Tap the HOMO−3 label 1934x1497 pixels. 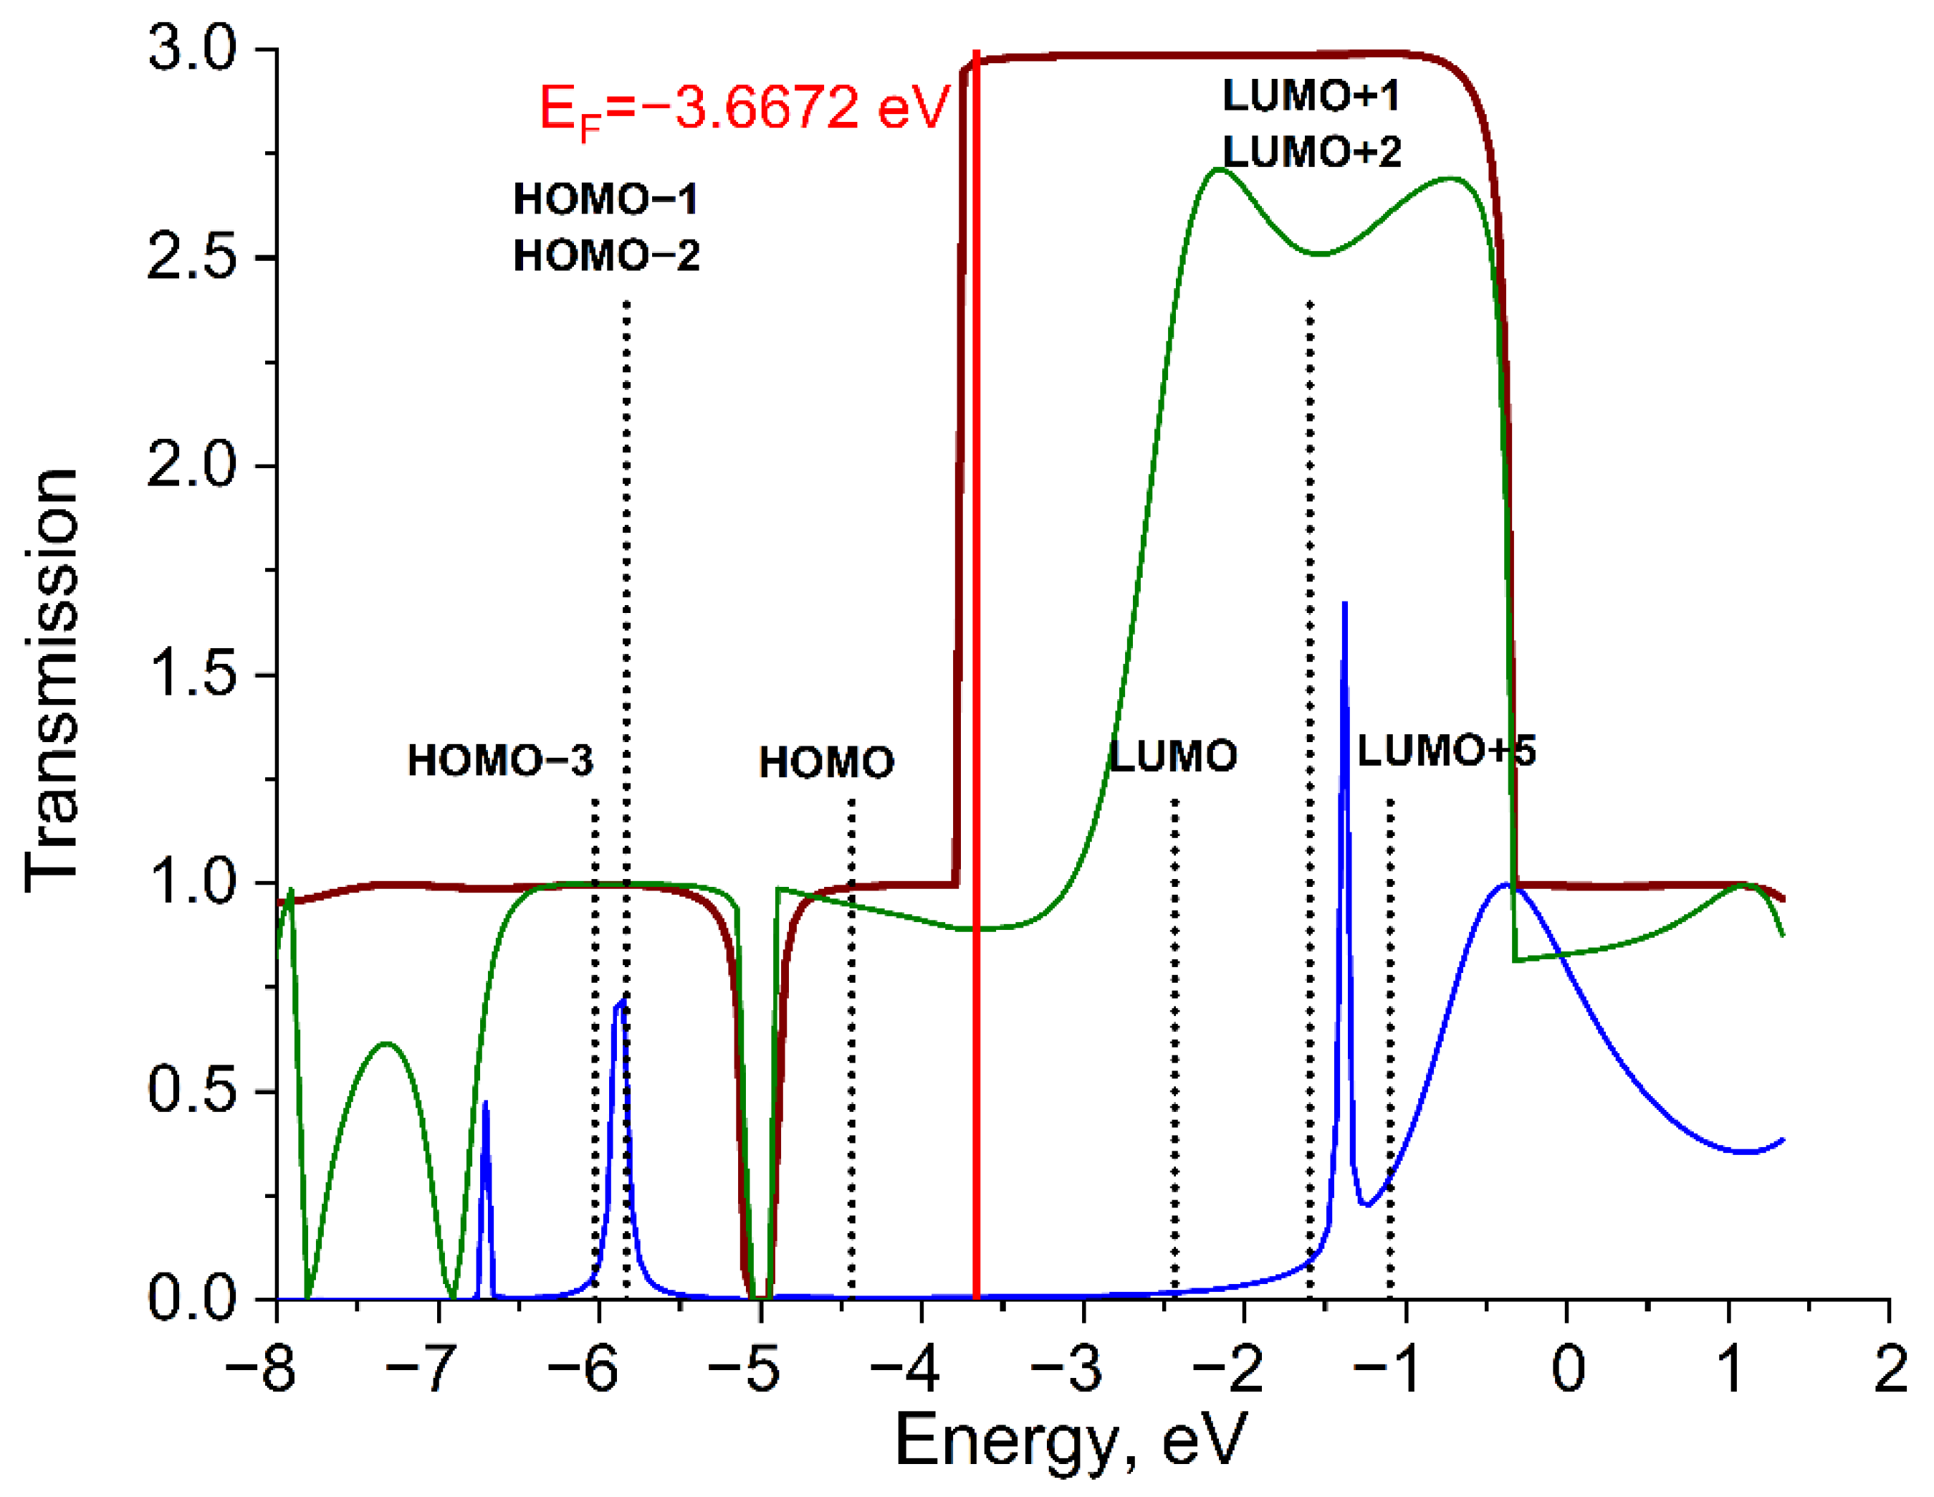[x=500, y=761]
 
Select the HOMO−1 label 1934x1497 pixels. [x=605, y=199]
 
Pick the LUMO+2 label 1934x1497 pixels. [x=1312, y=153]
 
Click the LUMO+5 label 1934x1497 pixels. [x=1446, y=751]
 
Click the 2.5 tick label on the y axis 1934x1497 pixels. [x=192, y=258]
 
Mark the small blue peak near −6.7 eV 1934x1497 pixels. [x=485, y=1106]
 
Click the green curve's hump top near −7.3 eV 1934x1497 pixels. [x=386, y=1043]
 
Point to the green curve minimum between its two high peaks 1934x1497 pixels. [x=1319, y=255]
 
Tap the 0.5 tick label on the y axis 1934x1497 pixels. [x=192, y=1090]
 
